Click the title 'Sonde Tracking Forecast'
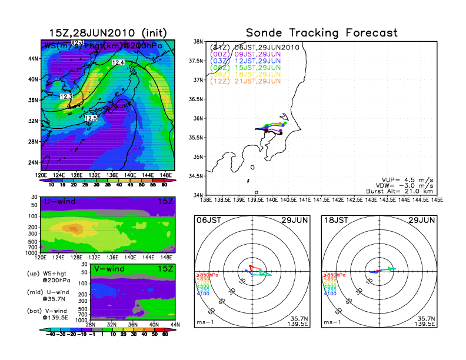pos(321,33)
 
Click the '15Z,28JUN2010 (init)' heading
pos(108,33)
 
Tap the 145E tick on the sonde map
pos(437,200)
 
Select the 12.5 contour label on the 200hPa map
pos(90,118)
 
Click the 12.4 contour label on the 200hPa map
pos(118,62)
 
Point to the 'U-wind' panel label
pos(59,202)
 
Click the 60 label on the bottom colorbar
pos(165,334)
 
